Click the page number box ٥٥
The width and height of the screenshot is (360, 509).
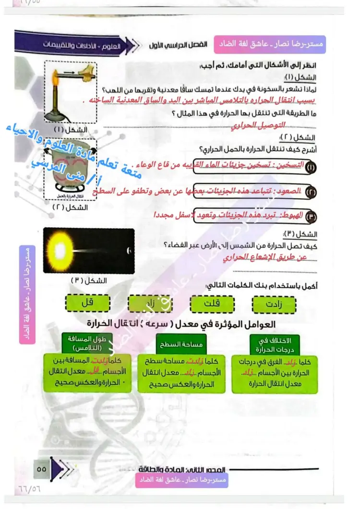(x=42, y=469)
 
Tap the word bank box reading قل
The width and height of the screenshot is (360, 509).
(x=88, y=302)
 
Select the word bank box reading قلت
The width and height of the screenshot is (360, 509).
(x=212, y=304)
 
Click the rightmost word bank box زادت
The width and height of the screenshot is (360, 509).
(x=274, y=304)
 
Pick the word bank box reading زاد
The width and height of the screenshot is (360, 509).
(x=149, y=304)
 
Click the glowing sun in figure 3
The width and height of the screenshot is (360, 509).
(x=61, y=249)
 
